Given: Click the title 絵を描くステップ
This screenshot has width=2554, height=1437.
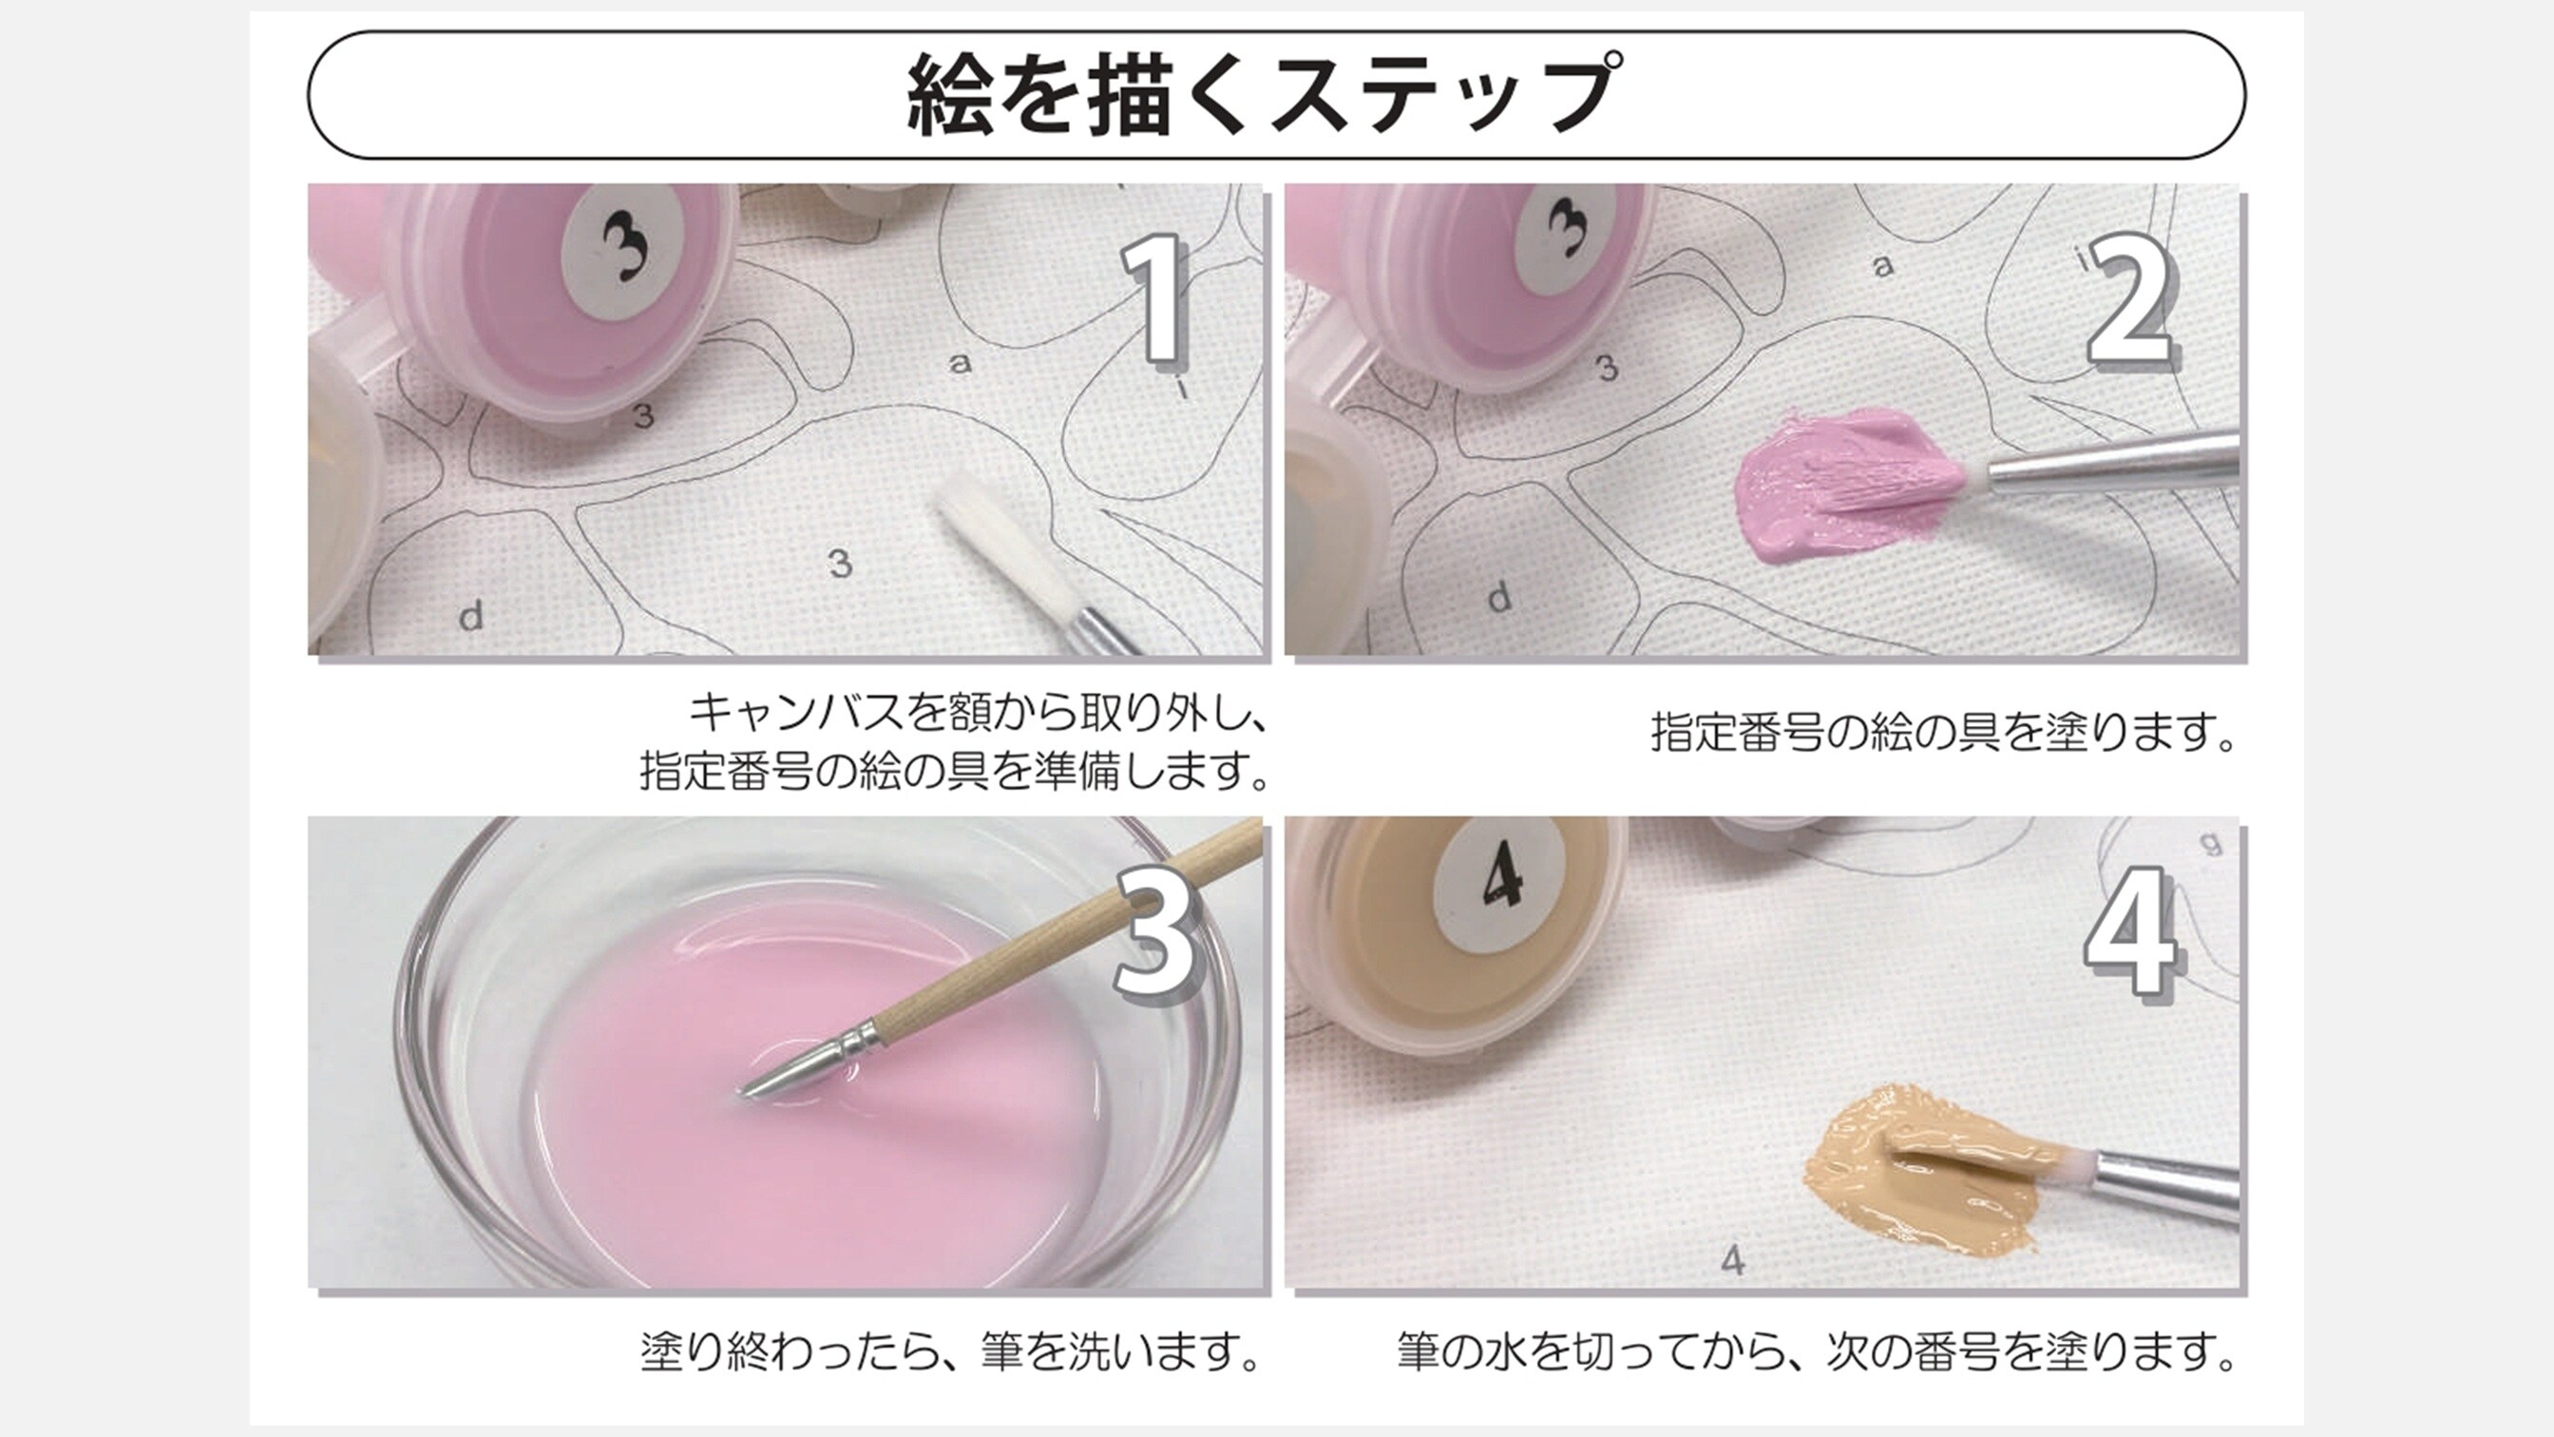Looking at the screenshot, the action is pyautogui.click(x=1264, y=94).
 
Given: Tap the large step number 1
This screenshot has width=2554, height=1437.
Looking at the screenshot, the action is pyautogui.click(x=1153, y=298).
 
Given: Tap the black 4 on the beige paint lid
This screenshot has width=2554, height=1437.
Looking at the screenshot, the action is pyautogui.click(x=1501, y=876).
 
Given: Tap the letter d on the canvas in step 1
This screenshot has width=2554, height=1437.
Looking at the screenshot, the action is pyautogui.click(x=471, y=616).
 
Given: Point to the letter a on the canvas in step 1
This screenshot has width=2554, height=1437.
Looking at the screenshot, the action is pyautogui.click(x=959, y=364).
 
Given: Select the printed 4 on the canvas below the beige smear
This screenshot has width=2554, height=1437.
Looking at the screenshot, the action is pyautogui.click(x=1733, y=1260).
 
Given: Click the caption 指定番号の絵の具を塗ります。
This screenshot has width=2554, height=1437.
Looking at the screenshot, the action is pyautogui.click(x=1943, y=733).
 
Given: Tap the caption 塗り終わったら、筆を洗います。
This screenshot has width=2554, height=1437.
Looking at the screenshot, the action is pyautogui.click(x=950, y=1351).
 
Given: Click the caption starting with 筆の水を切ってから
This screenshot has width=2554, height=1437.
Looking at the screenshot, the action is pyautogui.click(x=1817, y=1351).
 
